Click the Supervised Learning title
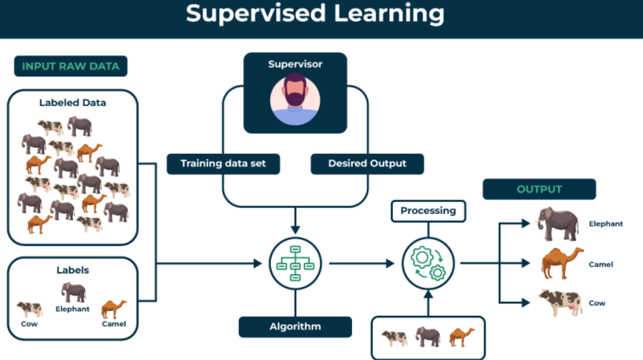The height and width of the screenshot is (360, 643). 315,14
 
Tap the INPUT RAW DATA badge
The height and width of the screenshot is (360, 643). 70,66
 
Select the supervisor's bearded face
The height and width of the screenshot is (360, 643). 295,91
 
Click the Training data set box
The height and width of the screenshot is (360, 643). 223,163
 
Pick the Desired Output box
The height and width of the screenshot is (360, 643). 367,163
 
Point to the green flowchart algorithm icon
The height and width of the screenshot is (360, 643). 295,263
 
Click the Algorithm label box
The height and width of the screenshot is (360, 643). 295,327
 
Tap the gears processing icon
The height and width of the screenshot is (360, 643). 428,263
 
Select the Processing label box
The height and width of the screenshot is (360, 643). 428,211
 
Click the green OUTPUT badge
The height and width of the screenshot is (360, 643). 540,190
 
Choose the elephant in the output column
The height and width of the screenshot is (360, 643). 558,223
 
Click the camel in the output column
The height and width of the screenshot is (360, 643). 562,263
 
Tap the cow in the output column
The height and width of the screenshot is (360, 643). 560,303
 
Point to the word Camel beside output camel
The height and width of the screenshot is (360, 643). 600,264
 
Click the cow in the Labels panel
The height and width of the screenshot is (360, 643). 30,309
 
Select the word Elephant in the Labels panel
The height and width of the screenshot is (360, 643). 73,309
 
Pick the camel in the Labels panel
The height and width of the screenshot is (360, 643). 114,310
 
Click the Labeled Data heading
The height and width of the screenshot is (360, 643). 73,103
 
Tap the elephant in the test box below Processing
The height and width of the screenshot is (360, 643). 428,337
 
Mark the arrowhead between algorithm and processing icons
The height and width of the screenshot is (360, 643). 390,263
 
